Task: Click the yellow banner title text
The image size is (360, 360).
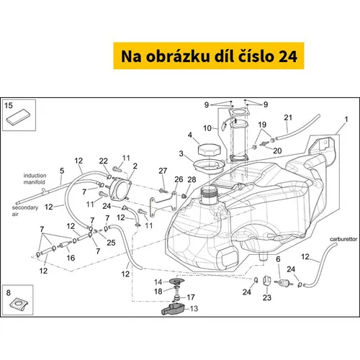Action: tap(209, 56)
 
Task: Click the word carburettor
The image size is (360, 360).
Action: tap(343, 239)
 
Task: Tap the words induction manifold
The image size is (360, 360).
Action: tap(35, 179)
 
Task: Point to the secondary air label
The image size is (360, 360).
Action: tap(25, 210)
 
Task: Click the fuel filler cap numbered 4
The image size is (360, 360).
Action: tap(208, 150)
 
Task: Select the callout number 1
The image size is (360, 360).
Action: tap(346, 120)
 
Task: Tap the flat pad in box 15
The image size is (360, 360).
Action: tap(18, 117)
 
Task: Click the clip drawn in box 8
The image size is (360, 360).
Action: tap(19, 304)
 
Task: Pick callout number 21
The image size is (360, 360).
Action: tap(288, 117)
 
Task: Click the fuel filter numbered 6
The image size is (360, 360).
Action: tap(284, 282)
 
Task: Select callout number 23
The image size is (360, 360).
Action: tap(267, 297)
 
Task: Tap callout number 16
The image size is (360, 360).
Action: tap(71, 258)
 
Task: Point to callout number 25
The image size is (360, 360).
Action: tap(111, 243)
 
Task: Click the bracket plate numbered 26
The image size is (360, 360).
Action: tap(163, 204)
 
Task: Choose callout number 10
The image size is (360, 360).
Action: tap(207, 128)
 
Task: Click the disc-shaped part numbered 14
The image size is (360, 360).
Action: tap(177, 281)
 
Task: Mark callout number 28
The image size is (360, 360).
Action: tap(192, 179)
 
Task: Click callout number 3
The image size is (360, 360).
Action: tap(181, 153)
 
